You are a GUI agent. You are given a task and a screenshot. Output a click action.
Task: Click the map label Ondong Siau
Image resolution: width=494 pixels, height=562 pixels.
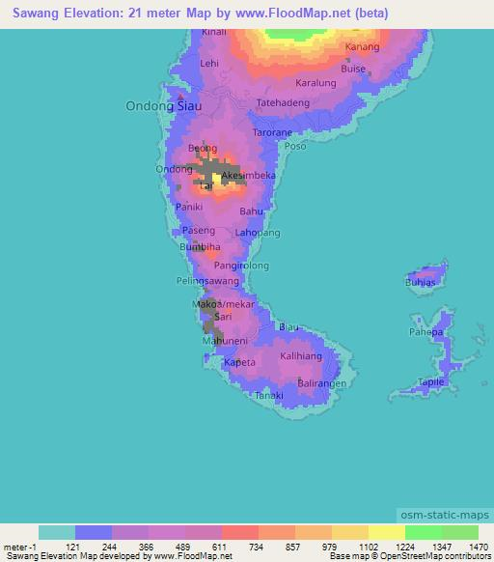coord(157,106)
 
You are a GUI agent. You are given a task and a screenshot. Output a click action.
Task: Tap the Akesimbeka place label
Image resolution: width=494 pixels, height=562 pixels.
coord(249,176)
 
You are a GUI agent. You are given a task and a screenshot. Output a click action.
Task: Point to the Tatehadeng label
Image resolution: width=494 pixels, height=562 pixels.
coord(283,101)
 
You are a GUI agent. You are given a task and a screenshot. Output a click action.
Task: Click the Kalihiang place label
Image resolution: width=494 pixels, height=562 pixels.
coord(301,356)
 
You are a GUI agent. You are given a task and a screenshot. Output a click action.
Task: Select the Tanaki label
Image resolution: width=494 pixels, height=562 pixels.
coord(268,396)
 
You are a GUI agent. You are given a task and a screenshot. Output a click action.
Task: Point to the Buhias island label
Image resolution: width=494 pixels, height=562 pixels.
coord(420,283)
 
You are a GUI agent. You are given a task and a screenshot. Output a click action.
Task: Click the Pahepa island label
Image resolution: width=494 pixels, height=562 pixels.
coord(425,332)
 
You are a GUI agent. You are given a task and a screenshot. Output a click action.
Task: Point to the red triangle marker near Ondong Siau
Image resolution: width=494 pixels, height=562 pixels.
coord(177,96)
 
